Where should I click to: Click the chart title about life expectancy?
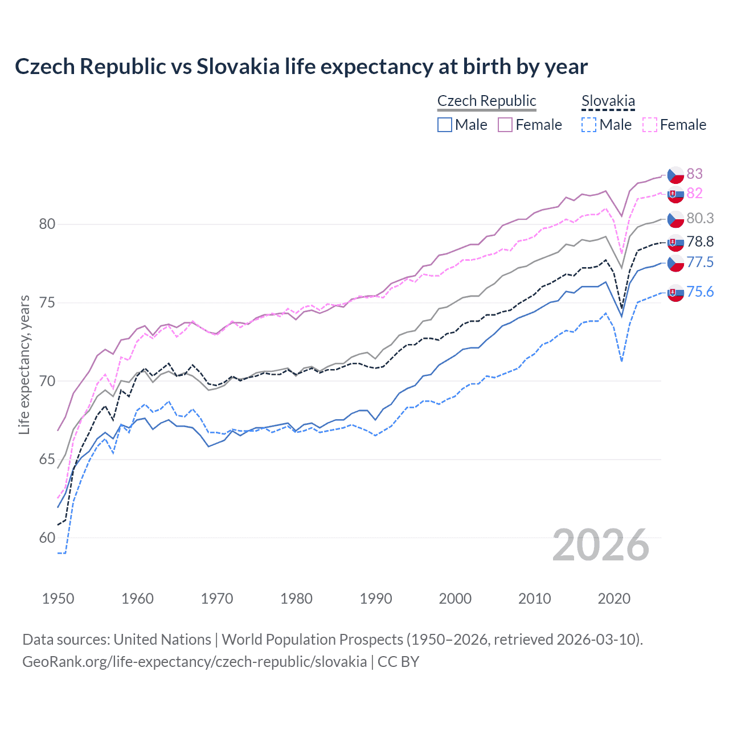point(301,67)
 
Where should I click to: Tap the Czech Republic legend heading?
point(486,101)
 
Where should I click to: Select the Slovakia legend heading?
point(608,101)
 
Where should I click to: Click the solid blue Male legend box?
point(445,125)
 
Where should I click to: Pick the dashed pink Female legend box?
point(650,125)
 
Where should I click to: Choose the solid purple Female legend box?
point(505,125)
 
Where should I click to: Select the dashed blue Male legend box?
point(589,125)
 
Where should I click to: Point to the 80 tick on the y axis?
point(47,224)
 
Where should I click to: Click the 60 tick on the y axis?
point(47,538)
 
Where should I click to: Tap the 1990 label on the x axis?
point(376,599)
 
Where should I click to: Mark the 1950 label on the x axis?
point(58,599)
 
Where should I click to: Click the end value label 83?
point(694,174)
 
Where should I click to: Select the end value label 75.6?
point(700,292)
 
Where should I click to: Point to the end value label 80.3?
point(700,218)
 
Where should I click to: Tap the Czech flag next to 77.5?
point(675,263)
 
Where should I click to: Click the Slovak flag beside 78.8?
point(675,243)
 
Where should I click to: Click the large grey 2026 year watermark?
point(601,545)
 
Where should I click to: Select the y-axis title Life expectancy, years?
point(24,364)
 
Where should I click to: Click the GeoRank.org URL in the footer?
point(194,661)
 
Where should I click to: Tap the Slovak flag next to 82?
point(675,194)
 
